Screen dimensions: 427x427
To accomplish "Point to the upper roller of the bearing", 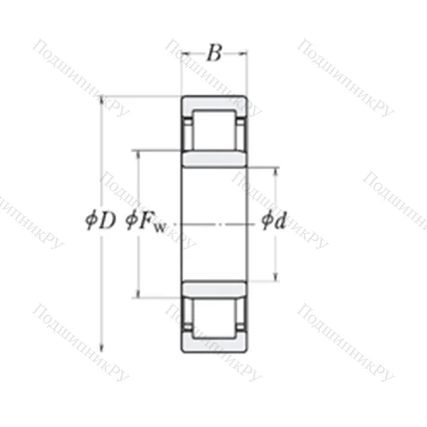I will click(x=213, y=130).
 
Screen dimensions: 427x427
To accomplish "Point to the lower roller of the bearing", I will click(x=213, y=316).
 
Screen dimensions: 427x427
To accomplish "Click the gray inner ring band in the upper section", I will click(x=213, y=160).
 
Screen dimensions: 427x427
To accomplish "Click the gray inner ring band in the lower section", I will click(x=213, y=287).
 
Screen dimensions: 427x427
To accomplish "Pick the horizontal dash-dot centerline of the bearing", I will click(x=213, y=224).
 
